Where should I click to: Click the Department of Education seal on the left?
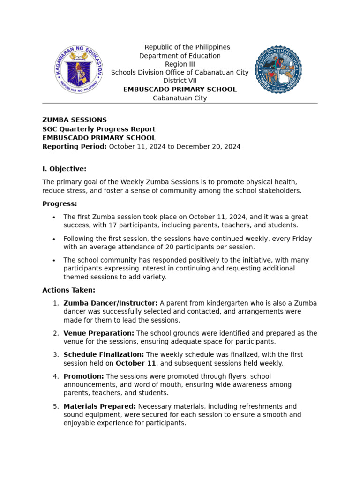[x=78, y=70]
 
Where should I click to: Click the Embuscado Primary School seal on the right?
[x=278, y=70]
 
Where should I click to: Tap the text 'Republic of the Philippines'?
[x=187, y=47]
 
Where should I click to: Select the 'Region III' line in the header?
[x=180, y=64]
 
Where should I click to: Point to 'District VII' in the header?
[x=180, y=81]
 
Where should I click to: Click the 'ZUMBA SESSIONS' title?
[x=75, y=120]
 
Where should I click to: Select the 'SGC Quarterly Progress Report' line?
[x=99, y=129]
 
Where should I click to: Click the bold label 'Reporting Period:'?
[x=75, y=147]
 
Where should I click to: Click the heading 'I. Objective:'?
[x=64, y=169]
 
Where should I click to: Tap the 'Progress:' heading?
[x=60, y=204]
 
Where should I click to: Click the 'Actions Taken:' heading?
[x=68, y=290]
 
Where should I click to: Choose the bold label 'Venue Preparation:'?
[x=99, y=333]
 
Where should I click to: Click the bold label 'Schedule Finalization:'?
[x=104, y=355]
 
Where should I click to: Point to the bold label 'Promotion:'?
[x=83, y=376]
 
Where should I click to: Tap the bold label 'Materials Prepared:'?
[x=100, y=406]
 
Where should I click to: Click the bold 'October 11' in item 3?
[x=135, y=363]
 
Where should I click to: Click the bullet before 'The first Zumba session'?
[x=54, y=217]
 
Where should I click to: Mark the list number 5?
[x=56, y=406]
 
